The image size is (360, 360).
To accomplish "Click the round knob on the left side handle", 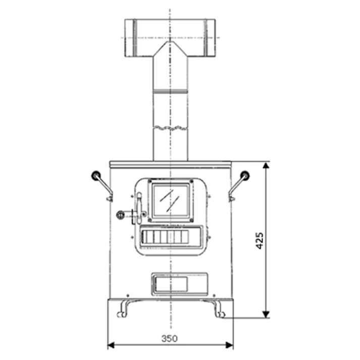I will (x=94, y=176).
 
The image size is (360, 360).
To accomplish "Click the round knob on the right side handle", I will (x=245, y=176).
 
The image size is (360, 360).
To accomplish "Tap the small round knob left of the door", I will (x=120, y=214).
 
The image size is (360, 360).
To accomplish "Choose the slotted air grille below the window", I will (x=171, y=236).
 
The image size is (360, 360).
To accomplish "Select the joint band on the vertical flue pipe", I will (x=170, y=92).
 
